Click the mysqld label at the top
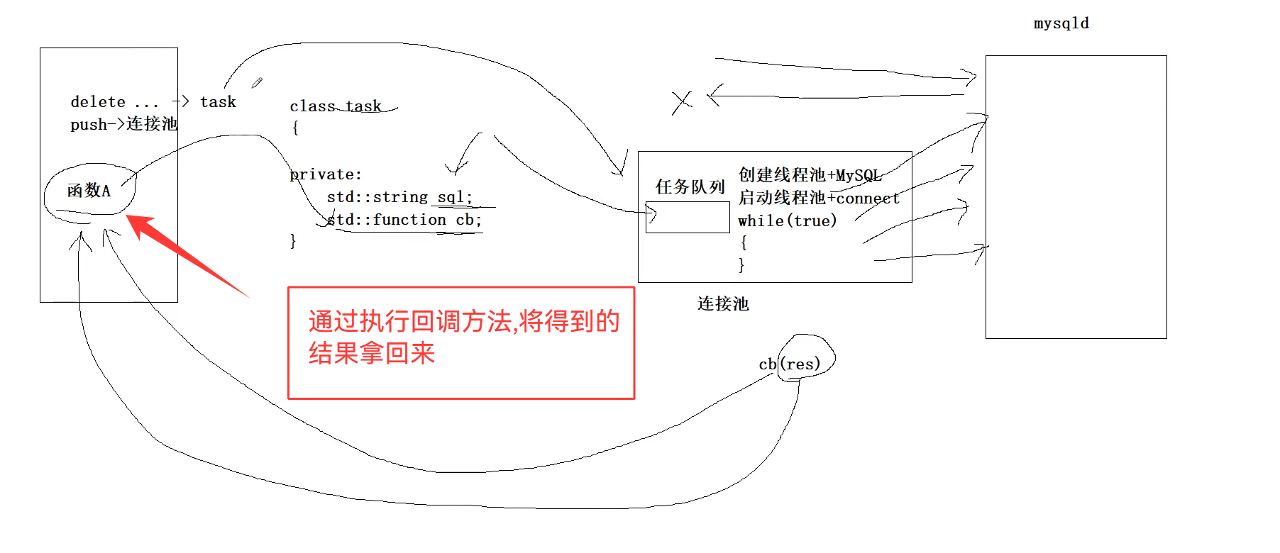point(1061,23)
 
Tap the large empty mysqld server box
point(1076,196)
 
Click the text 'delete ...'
point(114,102)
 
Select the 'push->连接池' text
point(123,124)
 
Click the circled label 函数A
point(89,191)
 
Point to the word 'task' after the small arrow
point(218,102)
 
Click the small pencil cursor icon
point(257,83)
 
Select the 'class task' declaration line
point(336,106)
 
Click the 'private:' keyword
point(326,174)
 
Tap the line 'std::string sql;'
point(399,197)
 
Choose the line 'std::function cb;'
point(404,220)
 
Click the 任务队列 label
point(690,187)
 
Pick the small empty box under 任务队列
point(688,217)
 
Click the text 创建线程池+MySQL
point(810,175)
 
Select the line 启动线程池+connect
point(819,198)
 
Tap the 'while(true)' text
point(787,220)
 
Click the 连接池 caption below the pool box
point(723,304)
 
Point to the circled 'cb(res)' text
point(790,364)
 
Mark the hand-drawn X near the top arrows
point(682,102)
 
